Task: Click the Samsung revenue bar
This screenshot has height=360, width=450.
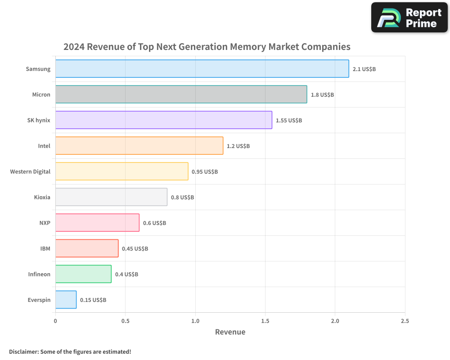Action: [x=202, y=69]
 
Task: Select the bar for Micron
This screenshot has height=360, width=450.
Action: [x=181, y=94]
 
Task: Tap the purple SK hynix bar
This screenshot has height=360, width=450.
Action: [x=164, y=120]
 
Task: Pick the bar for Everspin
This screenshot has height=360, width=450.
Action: [x=66, y=300]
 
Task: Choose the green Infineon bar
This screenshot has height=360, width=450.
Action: [x=83, y=274]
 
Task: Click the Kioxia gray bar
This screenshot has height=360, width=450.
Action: [x=111, y=197]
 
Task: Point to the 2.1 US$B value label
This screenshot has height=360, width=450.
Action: [x=364, y=69]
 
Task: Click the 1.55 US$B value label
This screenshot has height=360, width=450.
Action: [x=288, y=121]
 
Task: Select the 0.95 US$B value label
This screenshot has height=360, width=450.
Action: [x=205, y=172]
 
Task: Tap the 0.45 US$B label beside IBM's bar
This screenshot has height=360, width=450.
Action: [x=135, y=249]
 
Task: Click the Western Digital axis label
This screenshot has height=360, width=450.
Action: [x=30, y=171]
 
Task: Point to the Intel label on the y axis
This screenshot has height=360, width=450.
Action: [x=44, y=146]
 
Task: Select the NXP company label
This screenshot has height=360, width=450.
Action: [x=45, y=223]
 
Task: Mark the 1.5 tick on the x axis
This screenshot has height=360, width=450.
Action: [x=265, y=321]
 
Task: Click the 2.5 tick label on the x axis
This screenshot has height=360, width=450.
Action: [x=405, y=321]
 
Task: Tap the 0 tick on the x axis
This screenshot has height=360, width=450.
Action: [x=55, y=321]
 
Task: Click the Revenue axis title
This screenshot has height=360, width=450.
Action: [x=230, y=332]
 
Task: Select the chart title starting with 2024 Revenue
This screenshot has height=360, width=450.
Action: [x=207, y=47]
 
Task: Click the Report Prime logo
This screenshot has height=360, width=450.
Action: [x=409, y=18]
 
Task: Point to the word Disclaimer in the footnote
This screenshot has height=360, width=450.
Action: [x=23, y=351]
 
